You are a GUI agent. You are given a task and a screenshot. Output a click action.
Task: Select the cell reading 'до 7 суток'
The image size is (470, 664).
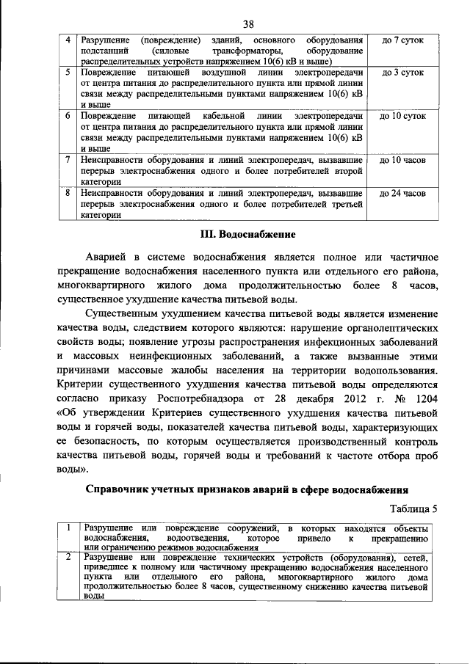pos(402,37)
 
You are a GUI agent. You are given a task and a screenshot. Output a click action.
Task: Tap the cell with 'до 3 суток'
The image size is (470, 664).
pos(402,74)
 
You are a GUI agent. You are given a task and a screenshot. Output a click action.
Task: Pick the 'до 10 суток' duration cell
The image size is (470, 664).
pos(402,116)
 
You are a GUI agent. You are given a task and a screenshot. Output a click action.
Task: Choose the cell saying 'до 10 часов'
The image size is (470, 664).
pos(402,158)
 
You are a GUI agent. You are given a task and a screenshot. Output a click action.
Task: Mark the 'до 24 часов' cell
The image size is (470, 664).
pos(402,194)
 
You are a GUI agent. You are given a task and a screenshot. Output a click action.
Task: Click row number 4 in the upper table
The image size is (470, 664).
pos(68,37)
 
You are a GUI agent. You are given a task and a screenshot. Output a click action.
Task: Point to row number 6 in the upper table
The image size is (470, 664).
pos(68,116)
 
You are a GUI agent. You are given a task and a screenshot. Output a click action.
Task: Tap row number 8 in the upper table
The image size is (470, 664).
pos(68,194)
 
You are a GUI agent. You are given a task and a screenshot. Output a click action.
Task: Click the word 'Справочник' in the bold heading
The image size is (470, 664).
pos(122,489)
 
